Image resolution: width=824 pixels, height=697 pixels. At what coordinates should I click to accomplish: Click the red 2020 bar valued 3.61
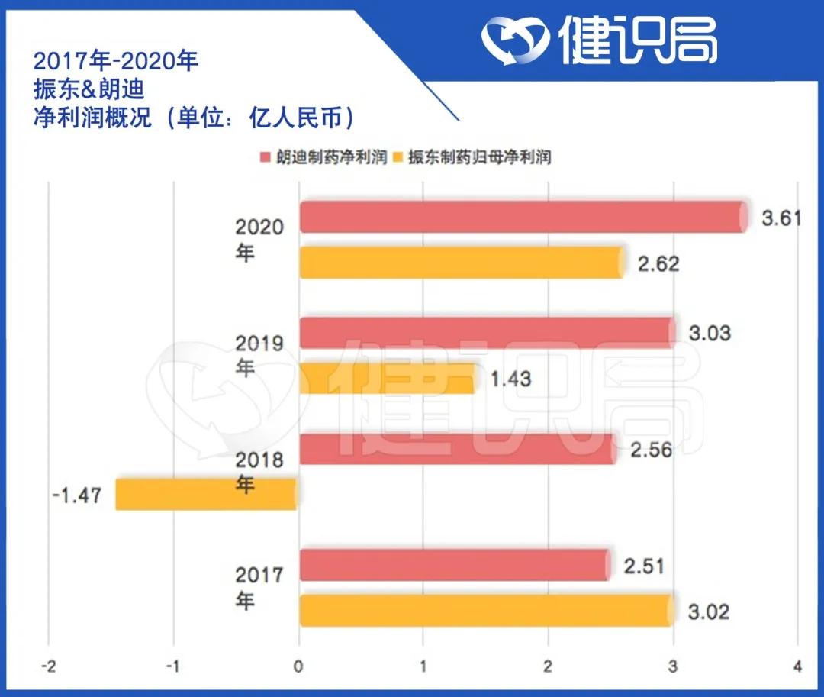523,217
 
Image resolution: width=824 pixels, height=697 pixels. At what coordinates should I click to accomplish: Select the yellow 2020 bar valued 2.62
461,262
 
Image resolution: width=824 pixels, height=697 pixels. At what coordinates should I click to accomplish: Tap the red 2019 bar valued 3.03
487,333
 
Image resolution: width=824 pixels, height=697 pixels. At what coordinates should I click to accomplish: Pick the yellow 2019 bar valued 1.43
387,378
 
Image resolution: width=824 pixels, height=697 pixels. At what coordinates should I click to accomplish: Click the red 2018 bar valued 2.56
457,449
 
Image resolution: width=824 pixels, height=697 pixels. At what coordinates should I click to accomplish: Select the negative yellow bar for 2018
206,494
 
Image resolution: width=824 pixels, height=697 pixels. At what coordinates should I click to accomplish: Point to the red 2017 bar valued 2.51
455,565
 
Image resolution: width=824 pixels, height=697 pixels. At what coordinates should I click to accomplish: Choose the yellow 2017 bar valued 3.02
485,610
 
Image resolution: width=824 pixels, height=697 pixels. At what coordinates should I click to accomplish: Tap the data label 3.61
782,218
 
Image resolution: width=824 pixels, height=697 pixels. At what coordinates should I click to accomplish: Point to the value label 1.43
510,379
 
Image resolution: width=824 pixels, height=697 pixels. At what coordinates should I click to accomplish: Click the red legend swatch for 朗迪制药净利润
266,158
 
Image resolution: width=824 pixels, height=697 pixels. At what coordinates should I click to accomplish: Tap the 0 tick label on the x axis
298,666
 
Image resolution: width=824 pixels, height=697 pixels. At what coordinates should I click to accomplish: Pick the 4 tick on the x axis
797,666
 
